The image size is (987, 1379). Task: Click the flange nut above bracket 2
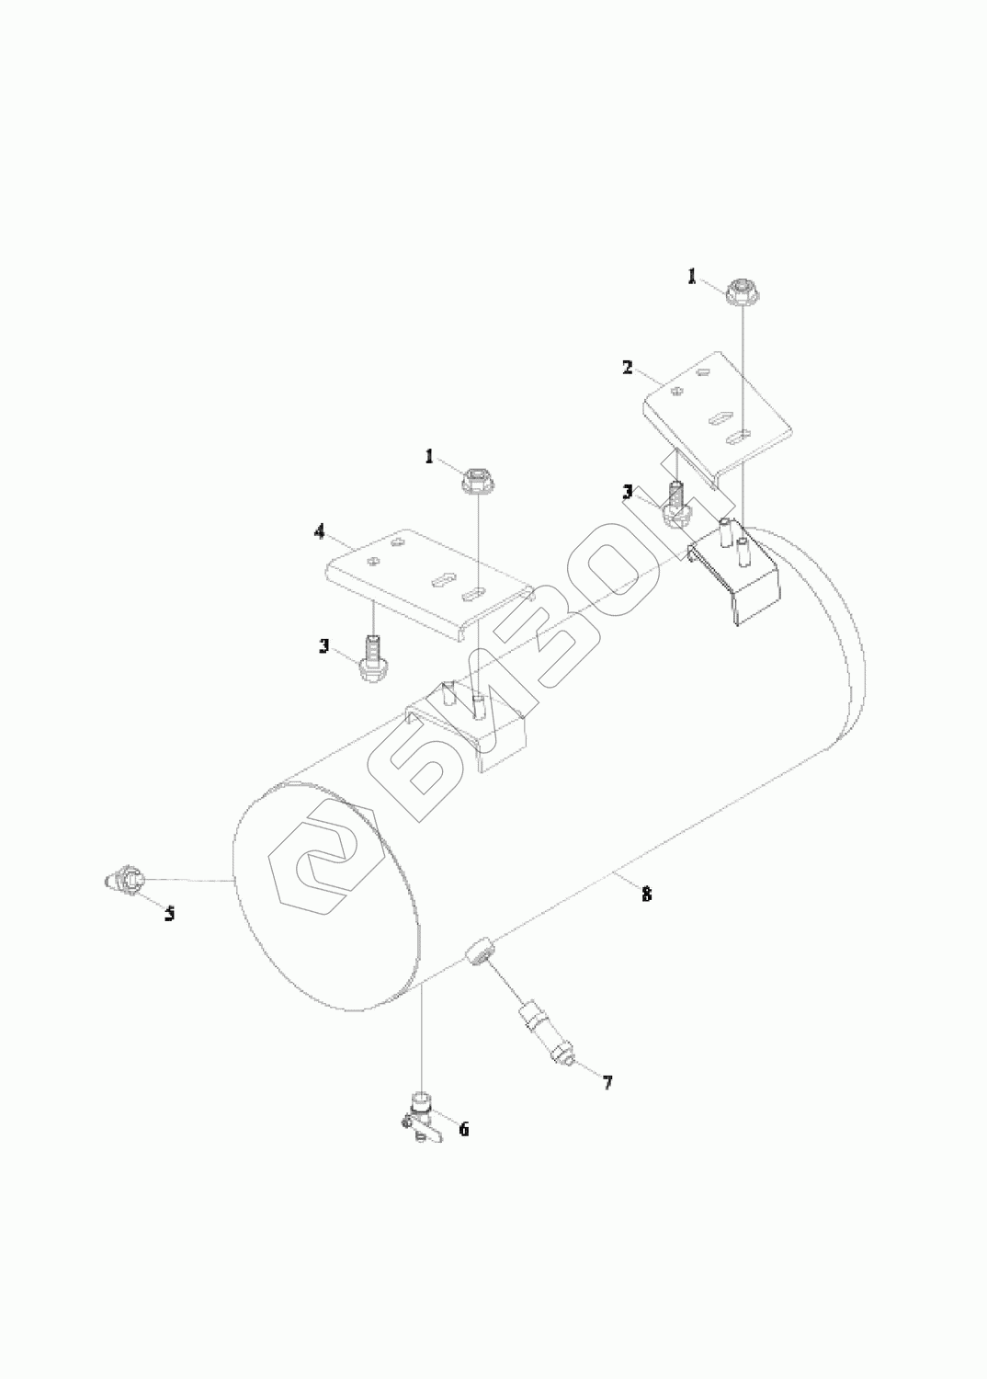[741, 293]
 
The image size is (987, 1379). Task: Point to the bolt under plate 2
[676, 504]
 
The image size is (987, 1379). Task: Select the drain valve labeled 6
[419, 1112]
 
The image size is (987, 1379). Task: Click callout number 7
[607, 1082]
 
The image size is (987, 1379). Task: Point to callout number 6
[464, 1129]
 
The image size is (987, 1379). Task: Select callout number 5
[170, 914]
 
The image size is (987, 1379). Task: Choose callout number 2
[627, 367]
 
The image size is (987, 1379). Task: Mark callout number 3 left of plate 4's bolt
[324, 646]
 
